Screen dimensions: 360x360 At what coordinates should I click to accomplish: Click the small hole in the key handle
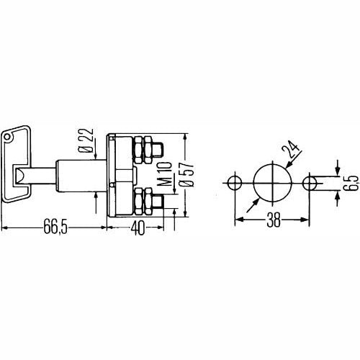click(8, 135)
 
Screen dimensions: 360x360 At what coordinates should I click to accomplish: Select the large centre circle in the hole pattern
click(272, 181)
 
